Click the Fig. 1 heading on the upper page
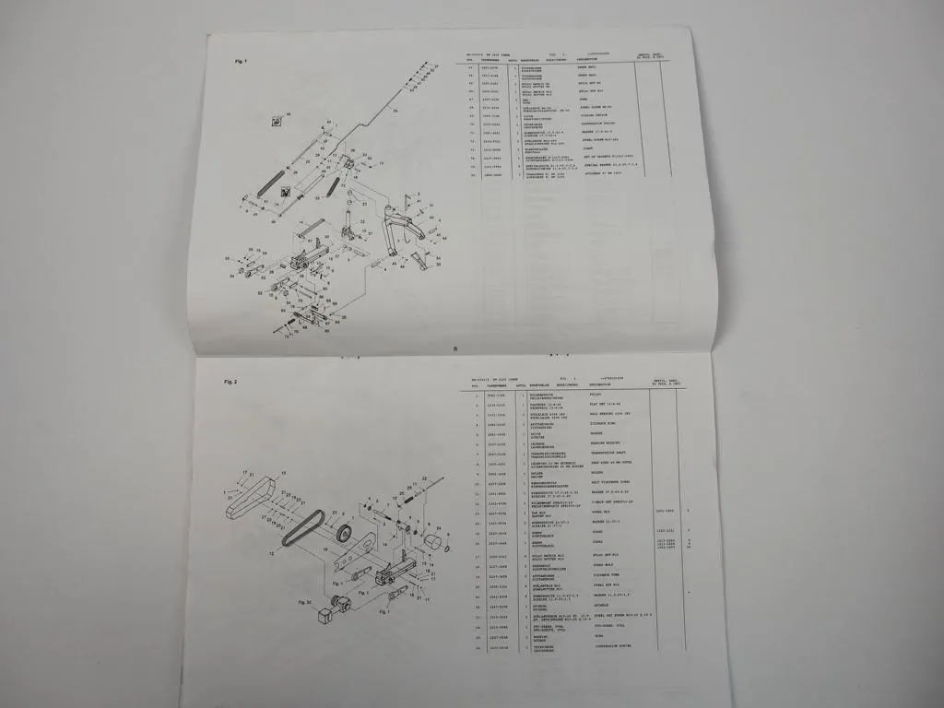pyautogui.click(x=241, y=61)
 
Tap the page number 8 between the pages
pyautogui.click(x=455, y=348)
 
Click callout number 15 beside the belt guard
pyautogui.click(x=283, y=472)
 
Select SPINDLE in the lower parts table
pyautogui.click(x=599, y=633)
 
